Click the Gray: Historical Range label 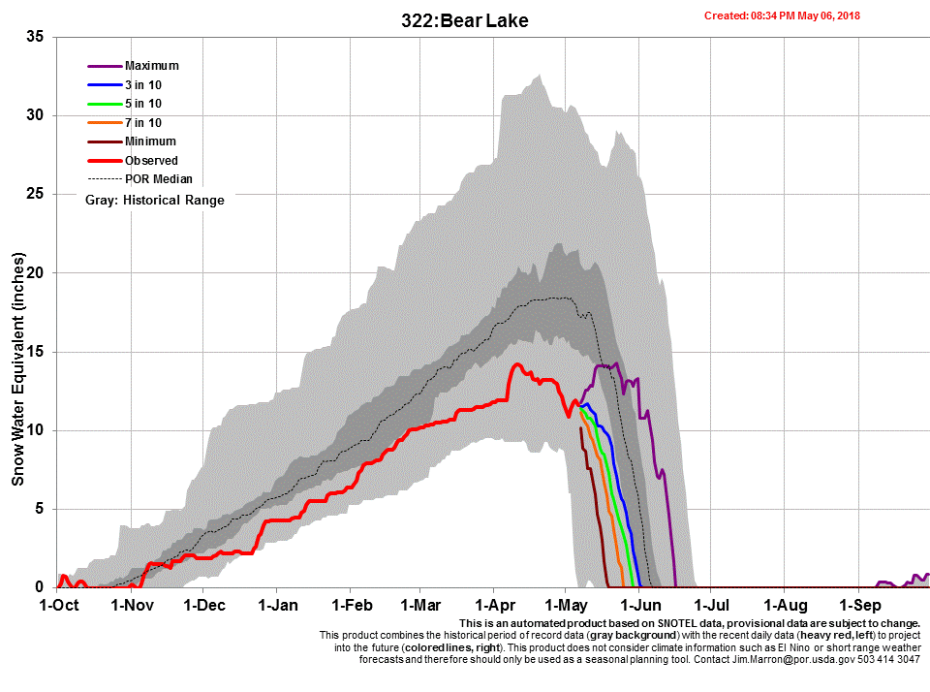155,201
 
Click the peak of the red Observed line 517,364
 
